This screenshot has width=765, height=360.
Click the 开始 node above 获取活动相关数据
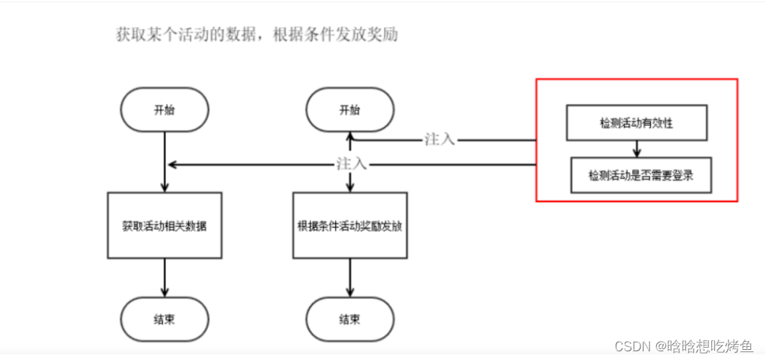pos(165,111)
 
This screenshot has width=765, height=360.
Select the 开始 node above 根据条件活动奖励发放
pos(350,111)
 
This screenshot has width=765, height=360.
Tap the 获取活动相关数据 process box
pos(164,225)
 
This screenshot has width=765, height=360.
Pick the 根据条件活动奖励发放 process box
pos(350,225)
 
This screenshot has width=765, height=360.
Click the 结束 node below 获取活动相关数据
pos(164,320)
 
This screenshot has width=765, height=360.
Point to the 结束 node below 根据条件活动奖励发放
pos(350,320)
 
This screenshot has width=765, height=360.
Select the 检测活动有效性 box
pos(637,123)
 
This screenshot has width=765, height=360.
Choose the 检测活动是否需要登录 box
pos(641,175)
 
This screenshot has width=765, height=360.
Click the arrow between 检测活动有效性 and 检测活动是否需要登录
pos(637,149)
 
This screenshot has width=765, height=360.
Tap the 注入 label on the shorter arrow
pos(440,139)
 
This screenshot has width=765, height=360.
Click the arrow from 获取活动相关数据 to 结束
pos(165,279)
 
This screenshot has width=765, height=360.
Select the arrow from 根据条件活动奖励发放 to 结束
pos(350,279)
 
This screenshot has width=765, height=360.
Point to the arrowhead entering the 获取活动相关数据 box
pos(165,188)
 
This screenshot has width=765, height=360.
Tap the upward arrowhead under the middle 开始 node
pos(350,136)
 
